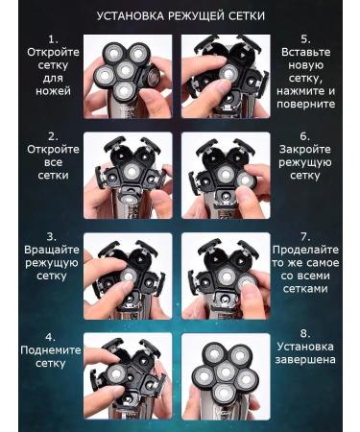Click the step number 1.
pos(53,39)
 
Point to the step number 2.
pos(53,136)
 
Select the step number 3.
pos(51,237)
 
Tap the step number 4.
pos(50,337)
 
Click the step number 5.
pos(305,39)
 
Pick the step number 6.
pos(305,136)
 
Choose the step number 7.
pos(305,237)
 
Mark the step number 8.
pos(305,333)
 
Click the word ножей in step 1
pos(53,91)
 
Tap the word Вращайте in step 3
pos(52,251)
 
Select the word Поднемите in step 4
pos(51,350)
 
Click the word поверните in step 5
pos(305,105)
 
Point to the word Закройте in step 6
pos(304,150)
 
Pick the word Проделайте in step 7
pos(305,251)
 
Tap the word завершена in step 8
pos(305,360)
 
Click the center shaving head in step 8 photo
pos(226,372)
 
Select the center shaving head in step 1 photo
pos(124,70)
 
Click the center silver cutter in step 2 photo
pos(132,172)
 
